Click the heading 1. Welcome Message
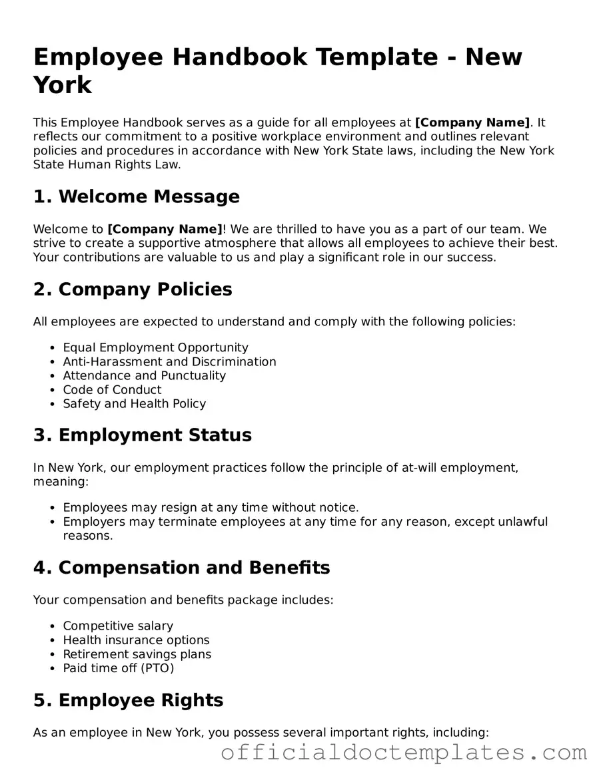(x=136, y=196)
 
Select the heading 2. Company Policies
(x=133, y=289)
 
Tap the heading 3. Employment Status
(x=142, y=435)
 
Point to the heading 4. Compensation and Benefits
(x=181, y=568)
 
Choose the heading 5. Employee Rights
(x=128, y=700)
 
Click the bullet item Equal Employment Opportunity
(x=155, y=347)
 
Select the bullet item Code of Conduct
(x=112, y=389)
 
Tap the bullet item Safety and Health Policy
(x=134, y=403)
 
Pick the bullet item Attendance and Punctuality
(x=144, y=375)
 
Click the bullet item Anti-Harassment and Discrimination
(x=169, y=361)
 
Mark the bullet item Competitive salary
(x=118, y=626)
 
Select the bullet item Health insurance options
(x=136, y=640)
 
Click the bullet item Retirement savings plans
(x=137, y=654)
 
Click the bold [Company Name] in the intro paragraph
(x=472, y=122)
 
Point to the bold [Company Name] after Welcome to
(x=165, y=229)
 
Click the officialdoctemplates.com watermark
(x=404, y=753)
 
